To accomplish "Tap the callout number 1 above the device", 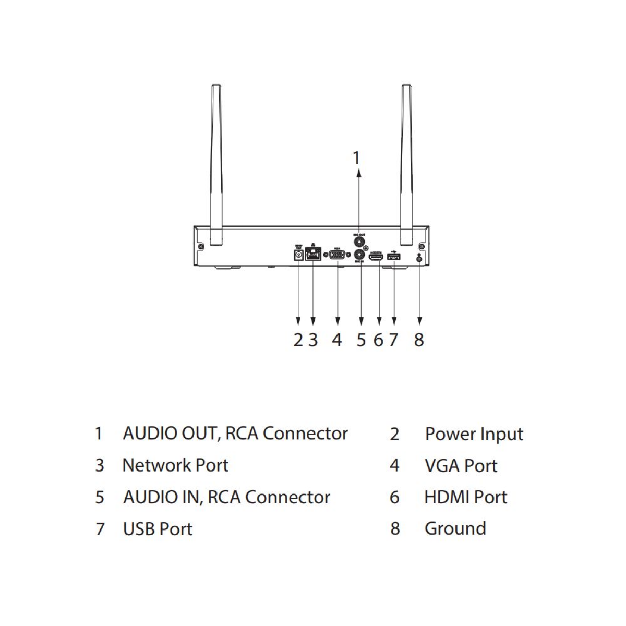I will pos(357,158).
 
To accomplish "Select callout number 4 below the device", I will pos(337,340).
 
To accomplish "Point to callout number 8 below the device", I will pos(419,340).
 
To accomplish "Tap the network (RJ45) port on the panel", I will pos(312,254).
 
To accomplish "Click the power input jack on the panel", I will pos(298,255).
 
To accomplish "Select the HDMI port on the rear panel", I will pos(377,256).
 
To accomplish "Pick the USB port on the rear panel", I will pos(393,256).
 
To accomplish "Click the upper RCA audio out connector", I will pos(359,242).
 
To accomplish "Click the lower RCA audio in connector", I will pos(360,255).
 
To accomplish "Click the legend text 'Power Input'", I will pos(474,434).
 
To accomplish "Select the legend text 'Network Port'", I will pos(175,465).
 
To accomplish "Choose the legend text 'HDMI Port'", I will pos(465,497).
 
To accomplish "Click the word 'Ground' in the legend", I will pos(455,528).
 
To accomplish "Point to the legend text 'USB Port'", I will pos(158,529).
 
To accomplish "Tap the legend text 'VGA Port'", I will pos(461,466).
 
